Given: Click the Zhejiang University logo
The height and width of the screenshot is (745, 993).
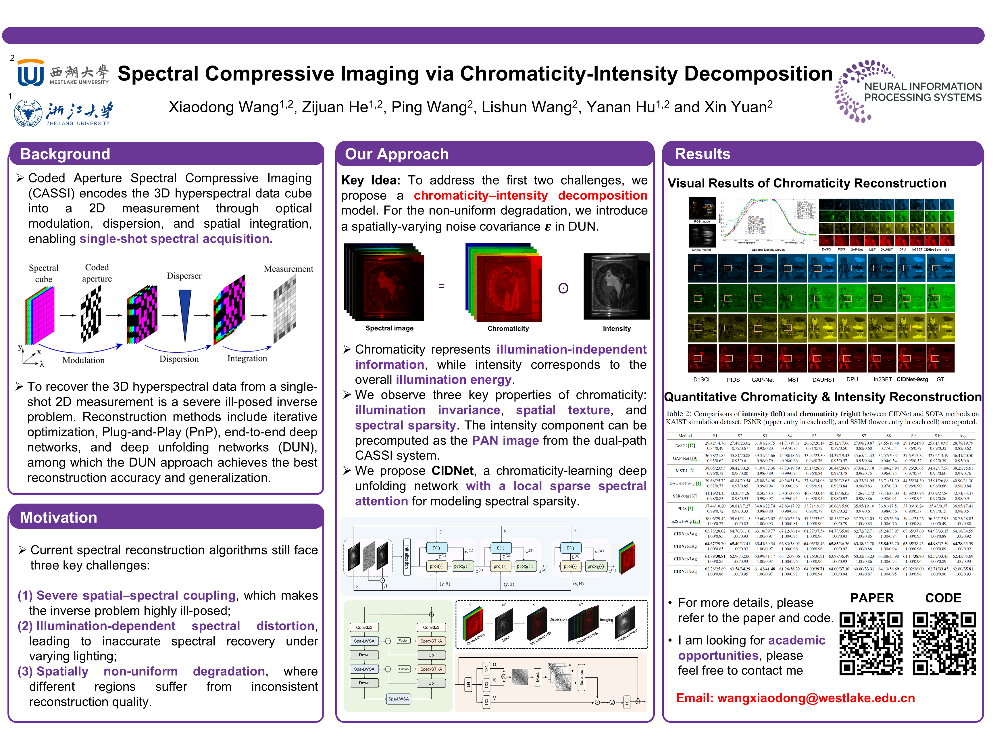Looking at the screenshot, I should pos(63,113).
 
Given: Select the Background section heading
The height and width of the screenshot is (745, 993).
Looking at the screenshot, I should pos(65,154).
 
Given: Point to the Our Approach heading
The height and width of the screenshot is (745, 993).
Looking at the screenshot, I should pos(397,154).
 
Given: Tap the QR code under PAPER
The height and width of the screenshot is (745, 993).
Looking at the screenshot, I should pos(871,644).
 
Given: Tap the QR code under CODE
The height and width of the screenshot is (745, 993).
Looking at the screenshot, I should pos(944,644).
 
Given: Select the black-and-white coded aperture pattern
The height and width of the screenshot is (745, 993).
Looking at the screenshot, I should pos(91,314).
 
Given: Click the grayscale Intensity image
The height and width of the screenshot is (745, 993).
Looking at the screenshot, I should pos(616,287).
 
